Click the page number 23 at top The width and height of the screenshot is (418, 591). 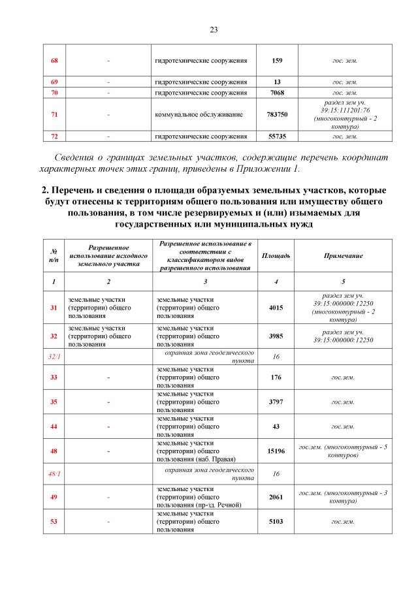(214, 29)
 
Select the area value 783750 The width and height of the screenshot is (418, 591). (277, 114)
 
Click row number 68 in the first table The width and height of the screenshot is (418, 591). (54, 61)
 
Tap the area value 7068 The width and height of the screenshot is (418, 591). (277, 93)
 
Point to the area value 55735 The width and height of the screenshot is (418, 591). (277, 136)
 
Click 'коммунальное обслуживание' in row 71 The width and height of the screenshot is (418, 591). (189, 114)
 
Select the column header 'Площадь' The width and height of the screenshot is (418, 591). (276, 255)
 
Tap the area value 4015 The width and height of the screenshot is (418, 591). (276, 307)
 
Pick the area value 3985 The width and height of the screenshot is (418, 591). (276, 336)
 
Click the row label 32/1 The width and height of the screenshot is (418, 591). (54, 357)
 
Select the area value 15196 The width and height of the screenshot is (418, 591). (276, 451)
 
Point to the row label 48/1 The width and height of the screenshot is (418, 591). (54, 473)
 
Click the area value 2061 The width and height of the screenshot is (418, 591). (276, 497)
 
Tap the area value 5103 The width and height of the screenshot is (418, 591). (276, 522)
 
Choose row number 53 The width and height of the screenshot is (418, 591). (54, 522)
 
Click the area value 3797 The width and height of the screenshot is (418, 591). (276, 402)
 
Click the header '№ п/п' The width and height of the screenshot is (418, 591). (54, 255)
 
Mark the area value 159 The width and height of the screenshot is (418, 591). (277, 61)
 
